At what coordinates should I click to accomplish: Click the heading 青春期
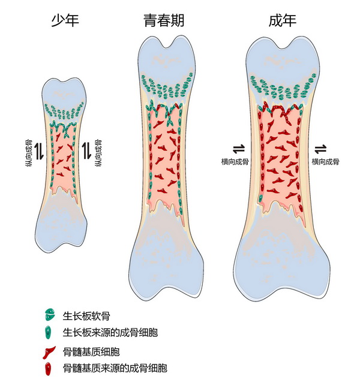[164, 22]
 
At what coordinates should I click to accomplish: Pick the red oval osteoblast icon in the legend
[49, 367]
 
